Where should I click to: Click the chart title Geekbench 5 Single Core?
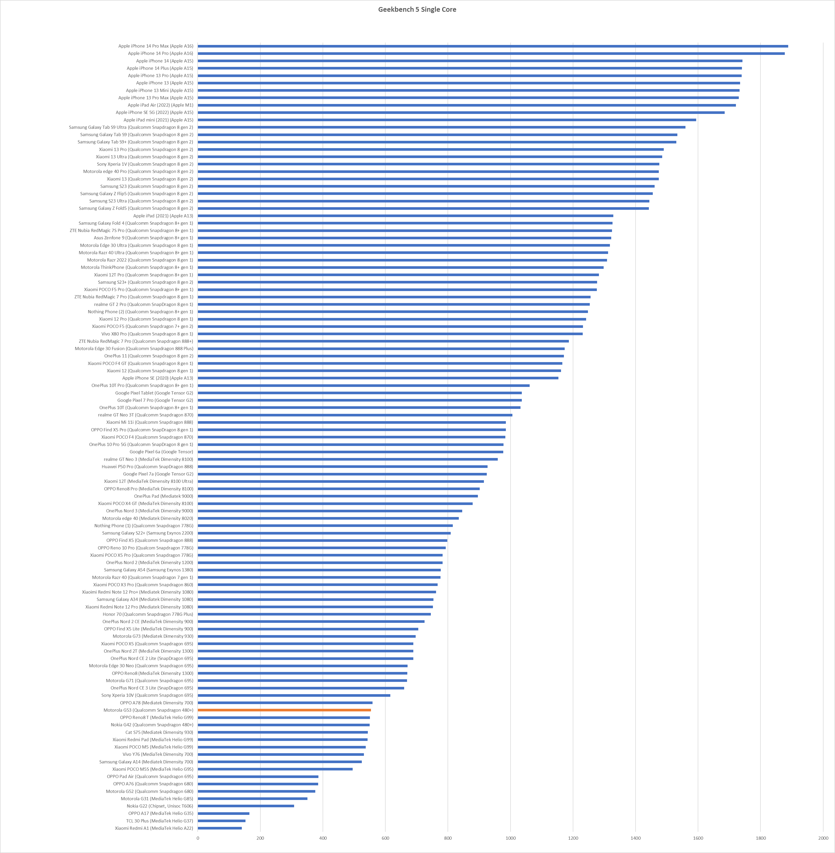pos(417,9)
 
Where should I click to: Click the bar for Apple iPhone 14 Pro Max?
pos(493,46)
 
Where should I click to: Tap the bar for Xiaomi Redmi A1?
pos(220,828)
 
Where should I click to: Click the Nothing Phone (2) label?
pos(140,312)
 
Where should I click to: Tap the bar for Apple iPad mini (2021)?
pos(447,120)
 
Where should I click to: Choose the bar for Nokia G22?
pos(245,806)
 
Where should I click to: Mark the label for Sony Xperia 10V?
pos(147,695)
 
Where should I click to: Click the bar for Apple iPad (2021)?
pos(405,216)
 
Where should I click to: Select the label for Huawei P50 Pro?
pos(147,466)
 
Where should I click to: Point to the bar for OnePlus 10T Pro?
pos(364,386)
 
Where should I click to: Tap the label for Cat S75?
pos(159,732)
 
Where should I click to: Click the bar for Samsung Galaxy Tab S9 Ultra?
pos(441,127)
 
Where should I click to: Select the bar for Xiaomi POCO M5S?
pos(275,769)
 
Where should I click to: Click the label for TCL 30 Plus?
pos(159,821)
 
